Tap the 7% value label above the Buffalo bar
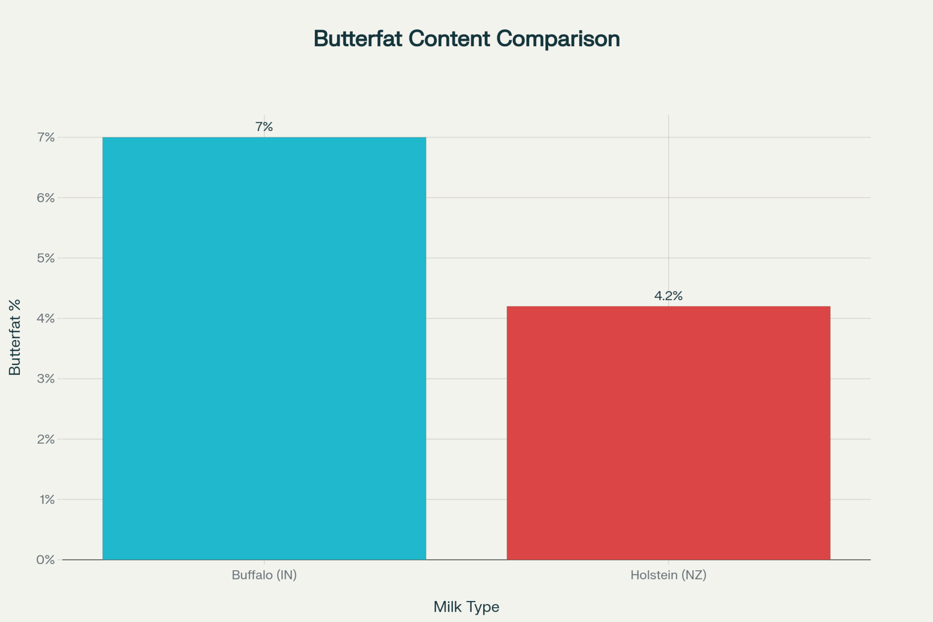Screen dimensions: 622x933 click(264, 127)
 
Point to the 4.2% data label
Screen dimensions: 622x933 click(668, 296)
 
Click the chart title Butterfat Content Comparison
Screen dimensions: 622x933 click(466, 39)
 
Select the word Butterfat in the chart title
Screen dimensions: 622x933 click(358, 39)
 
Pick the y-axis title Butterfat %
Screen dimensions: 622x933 click(15, 337)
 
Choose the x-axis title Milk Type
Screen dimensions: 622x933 click(466, 607)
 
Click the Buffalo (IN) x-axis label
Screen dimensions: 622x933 click(264, 575)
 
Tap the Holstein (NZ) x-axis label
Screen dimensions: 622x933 click(668, 575)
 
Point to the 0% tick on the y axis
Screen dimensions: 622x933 click(46, 559)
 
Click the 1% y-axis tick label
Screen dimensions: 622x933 click(47, 499)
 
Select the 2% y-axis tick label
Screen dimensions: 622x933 click(46, 439)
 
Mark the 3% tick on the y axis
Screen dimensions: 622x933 click(46, 378)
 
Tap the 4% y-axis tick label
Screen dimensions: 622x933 click(46, 318)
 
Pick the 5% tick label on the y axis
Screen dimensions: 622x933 click(46, 258)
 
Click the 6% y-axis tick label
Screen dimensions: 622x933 click(46, 197)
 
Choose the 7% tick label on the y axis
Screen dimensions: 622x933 click(46, 137)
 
